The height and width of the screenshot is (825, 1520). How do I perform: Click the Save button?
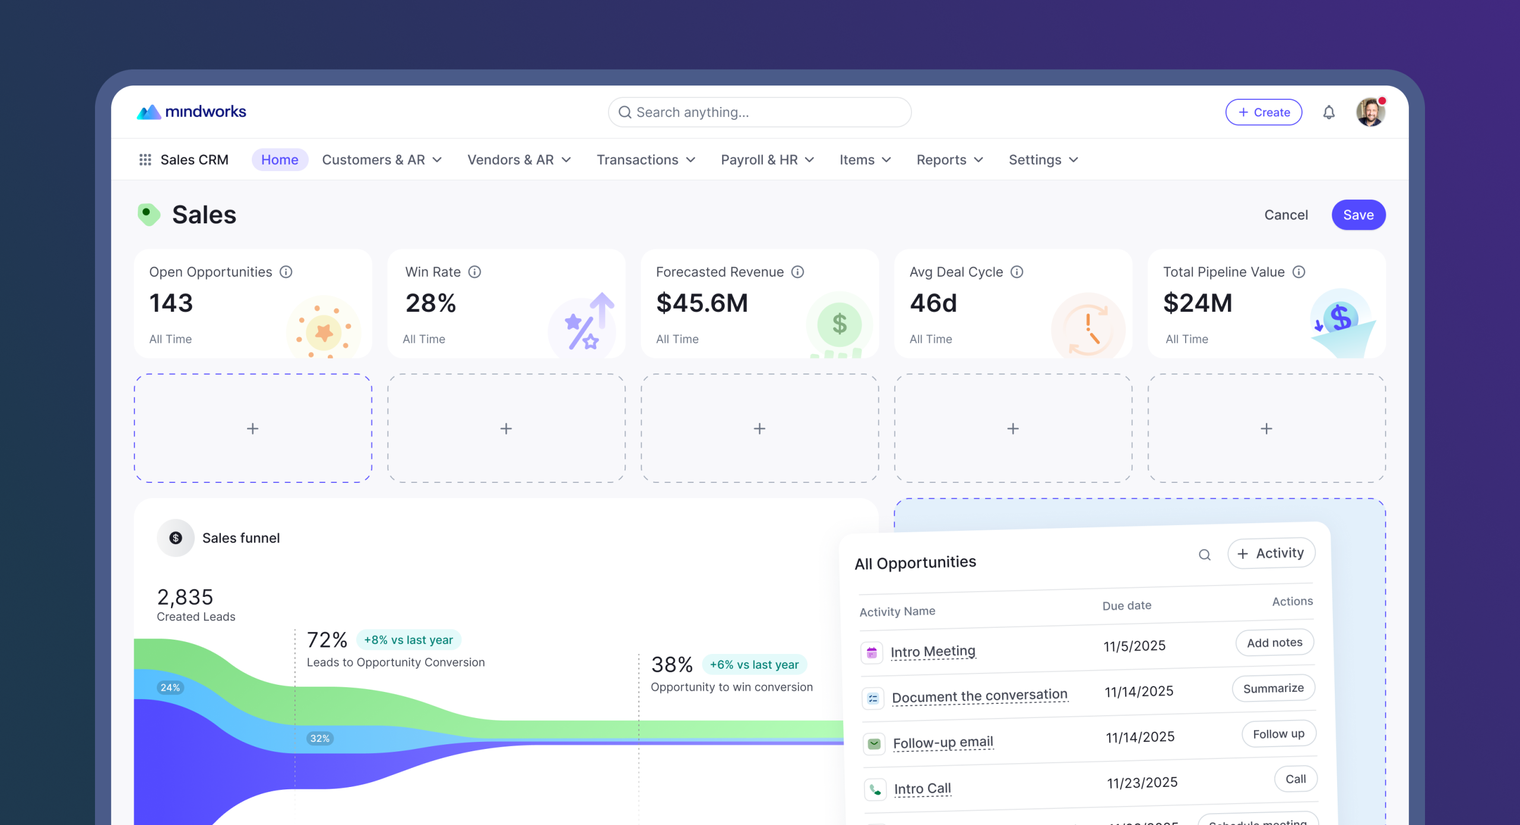tap(1358, 215)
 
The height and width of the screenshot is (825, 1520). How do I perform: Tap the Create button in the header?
tap(1263, 112)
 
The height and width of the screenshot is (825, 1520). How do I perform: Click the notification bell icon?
tap(1329, 112)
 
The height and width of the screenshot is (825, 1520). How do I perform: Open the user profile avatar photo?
tap(1370, 112)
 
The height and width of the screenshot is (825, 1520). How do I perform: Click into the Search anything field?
tap(759, 112)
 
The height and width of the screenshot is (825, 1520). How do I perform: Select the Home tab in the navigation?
tap(280, 160)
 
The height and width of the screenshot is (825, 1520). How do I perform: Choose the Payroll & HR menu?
tap(767, 160)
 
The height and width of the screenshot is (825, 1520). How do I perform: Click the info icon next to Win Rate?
tap(474, 272)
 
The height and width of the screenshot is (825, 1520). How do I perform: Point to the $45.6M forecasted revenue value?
tap(702, 303)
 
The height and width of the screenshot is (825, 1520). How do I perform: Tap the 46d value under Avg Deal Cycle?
tap(933, 303)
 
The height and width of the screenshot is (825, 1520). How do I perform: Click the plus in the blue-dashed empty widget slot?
tap(252, 428)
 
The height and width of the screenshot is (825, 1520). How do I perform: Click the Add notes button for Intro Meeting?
tap(1275, 643)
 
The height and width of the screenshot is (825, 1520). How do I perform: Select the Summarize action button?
tap(1274, 688)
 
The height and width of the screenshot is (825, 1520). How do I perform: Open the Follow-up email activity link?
tap(943, 742)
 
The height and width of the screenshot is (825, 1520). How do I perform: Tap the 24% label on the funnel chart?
tap(170, 688)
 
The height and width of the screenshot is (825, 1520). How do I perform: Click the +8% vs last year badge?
tap(408, 640)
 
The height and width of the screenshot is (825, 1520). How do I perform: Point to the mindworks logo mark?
tap(149, 112)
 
